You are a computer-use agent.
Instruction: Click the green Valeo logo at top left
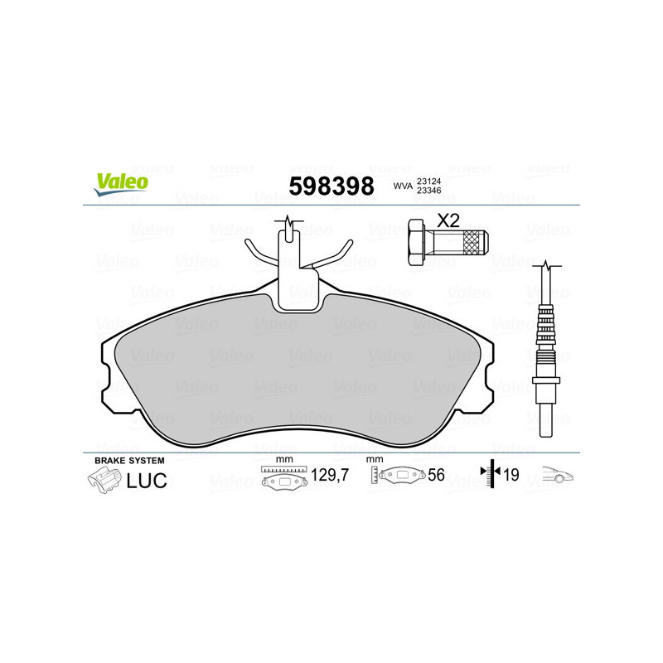pyautogui.click(x=121, y=185)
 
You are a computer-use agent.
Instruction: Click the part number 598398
pyautogui.click(x=331, y=186)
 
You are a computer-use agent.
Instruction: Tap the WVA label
pyautogui.click(x=402, y=186)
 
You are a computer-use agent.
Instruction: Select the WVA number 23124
pyautogui.click(x=428, y=180)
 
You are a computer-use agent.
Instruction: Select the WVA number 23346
pyautogui.click(x=428, y=191)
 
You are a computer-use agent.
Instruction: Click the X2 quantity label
pyautogui.click(x=448, y=221)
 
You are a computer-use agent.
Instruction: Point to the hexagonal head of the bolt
pyautogui.click(x=419, y=242)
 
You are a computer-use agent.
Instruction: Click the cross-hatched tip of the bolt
pyautogui.click(x=475, y=242)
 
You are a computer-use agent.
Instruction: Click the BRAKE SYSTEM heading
pyautogui.click(x=130, y=460)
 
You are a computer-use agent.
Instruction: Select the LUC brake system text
pyautogui.click(x=147, y=479)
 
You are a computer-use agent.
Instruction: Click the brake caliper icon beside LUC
pyautogui.click(x=103, y=479)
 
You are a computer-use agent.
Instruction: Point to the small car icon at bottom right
pyautogui.click(x=559, y=476)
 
